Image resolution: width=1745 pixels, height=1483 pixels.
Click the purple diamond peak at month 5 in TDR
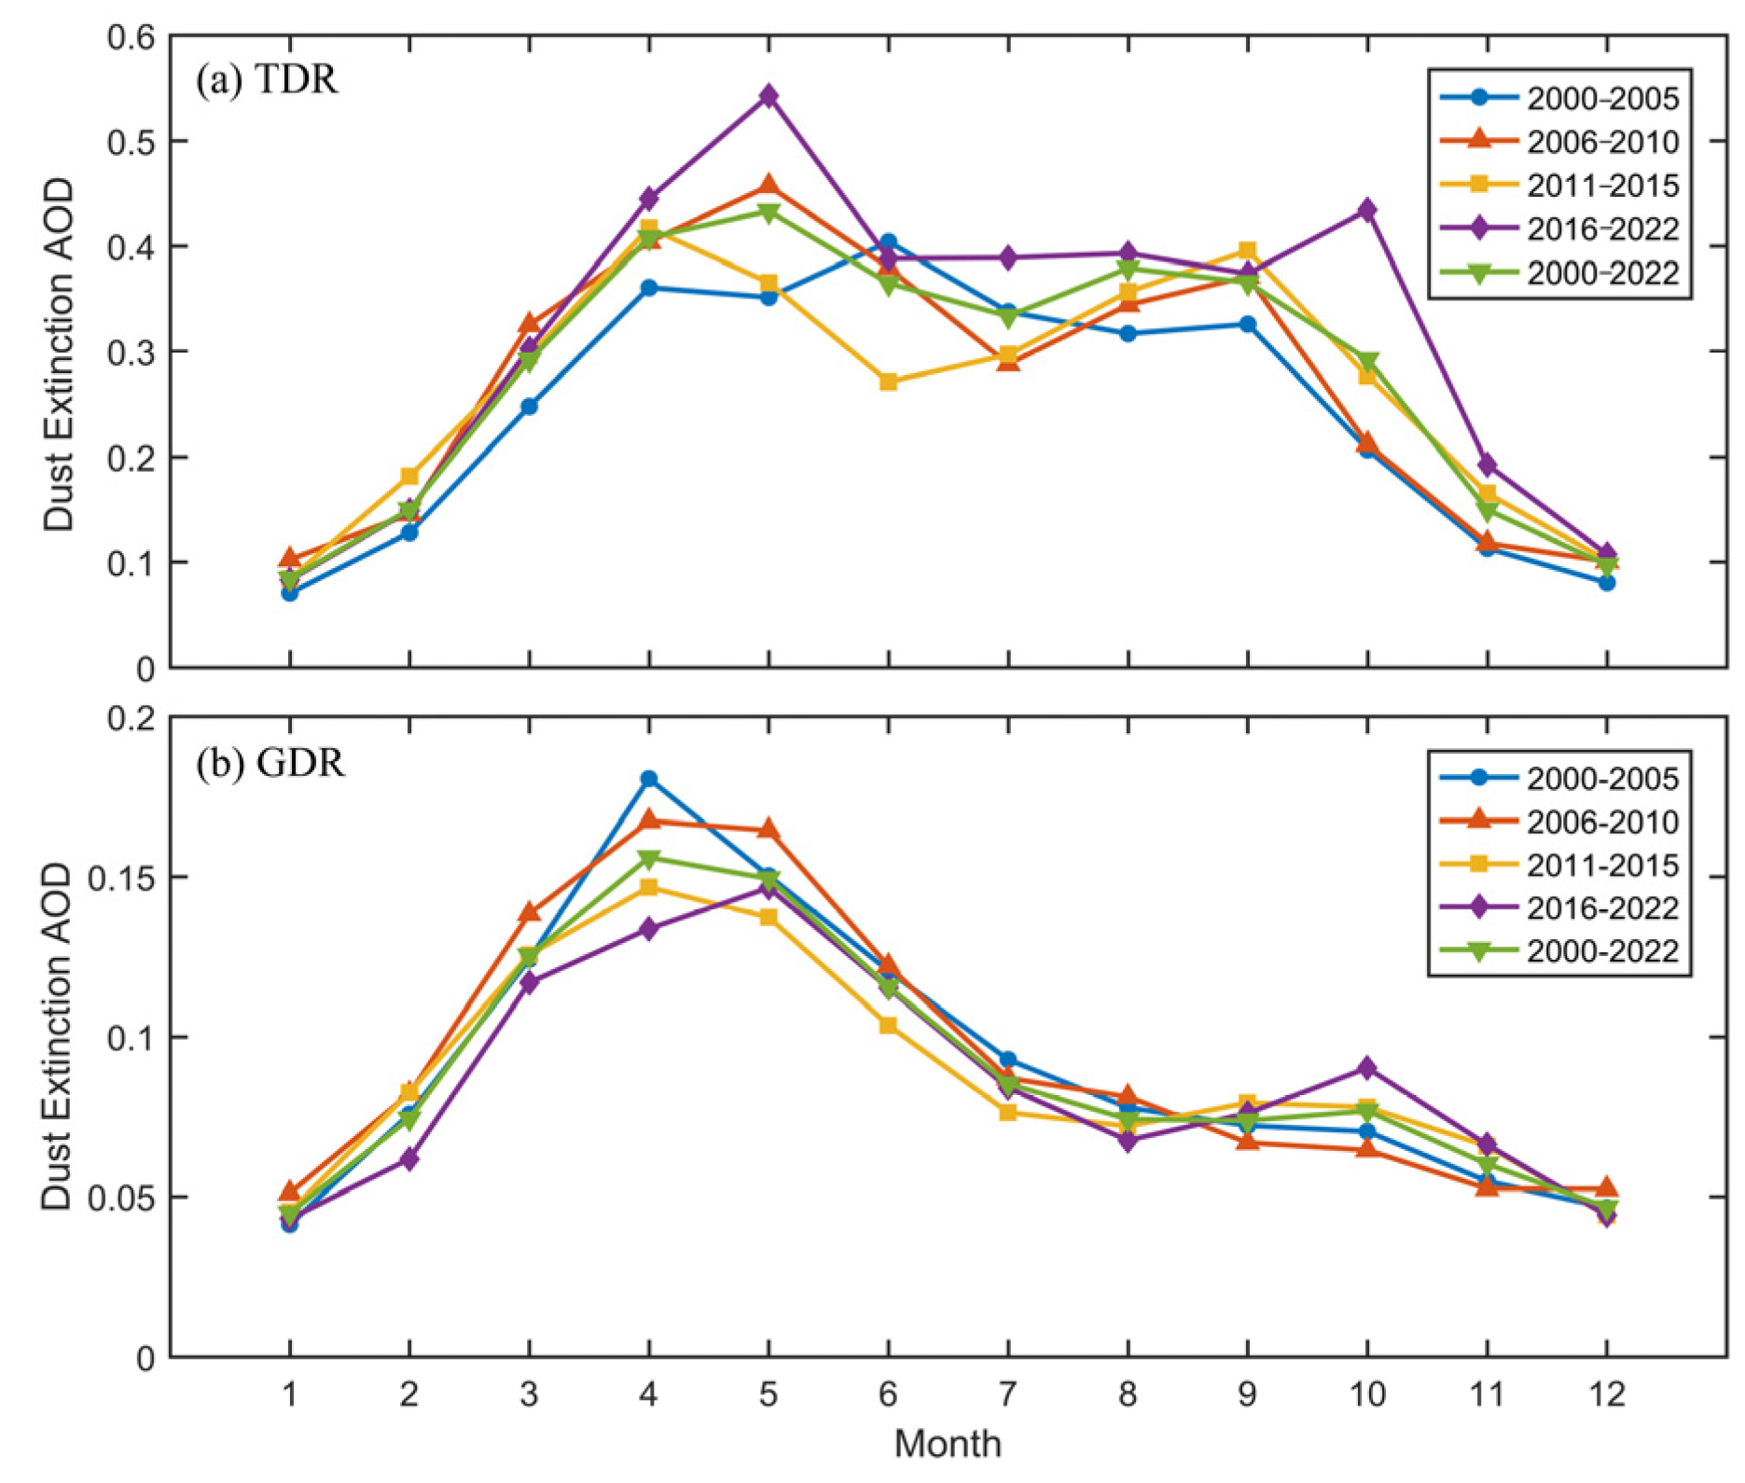point(769,95)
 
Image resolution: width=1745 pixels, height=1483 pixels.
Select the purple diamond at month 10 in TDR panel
point(1367,210)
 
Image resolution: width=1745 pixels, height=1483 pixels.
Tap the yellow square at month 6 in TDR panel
point(888,381)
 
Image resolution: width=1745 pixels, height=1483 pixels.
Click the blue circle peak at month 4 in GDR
point(649,779)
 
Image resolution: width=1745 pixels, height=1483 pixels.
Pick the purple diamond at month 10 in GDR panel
point(1367,1067)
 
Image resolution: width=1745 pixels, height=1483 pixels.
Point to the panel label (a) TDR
point(267,80)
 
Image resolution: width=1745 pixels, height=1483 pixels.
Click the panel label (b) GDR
point(270,763)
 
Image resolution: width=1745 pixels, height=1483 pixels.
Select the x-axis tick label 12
point(1606,1394)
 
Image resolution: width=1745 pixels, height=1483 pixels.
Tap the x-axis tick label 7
point(1008,1394)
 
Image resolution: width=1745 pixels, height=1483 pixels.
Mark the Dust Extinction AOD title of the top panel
point(59,354)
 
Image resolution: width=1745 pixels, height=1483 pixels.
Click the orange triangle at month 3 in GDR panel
point(530,912)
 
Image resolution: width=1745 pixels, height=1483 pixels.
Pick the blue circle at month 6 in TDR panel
point(888,243)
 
